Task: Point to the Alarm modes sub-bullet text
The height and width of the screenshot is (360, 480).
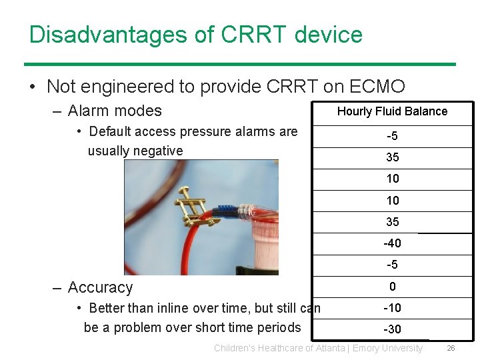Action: (115, 111)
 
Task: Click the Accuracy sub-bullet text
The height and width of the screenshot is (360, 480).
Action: (100, 287)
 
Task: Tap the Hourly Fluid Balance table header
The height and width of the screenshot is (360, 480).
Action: (392, 111)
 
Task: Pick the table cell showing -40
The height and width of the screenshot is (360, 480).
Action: (392, 243)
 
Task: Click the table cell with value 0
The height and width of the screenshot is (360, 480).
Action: (392, 287)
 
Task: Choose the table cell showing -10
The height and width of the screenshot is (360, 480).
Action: (392, 308)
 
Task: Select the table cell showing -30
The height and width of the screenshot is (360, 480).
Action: (392, 329)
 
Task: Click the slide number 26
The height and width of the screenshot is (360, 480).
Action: (451, 348)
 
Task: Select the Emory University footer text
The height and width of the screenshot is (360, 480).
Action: (387, 348)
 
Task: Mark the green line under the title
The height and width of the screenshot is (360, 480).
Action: (240, 64)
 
